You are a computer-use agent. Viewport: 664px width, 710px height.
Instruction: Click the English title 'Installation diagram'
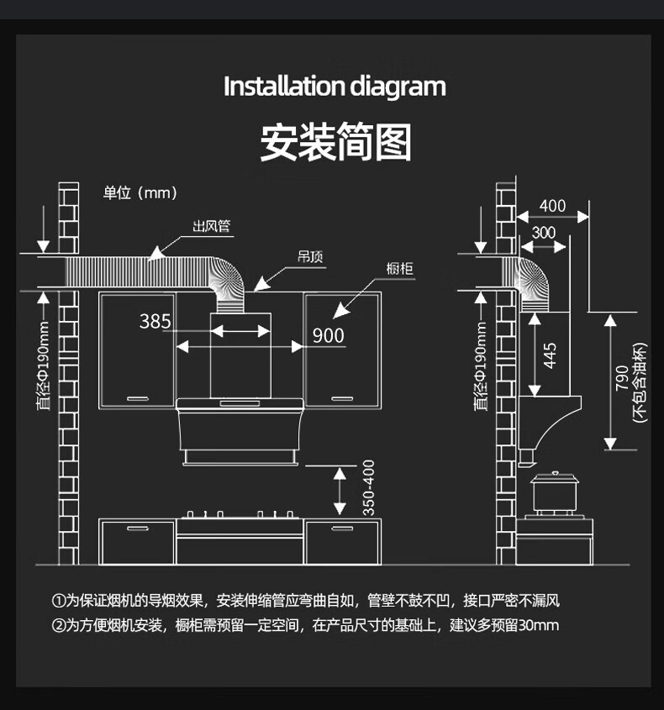click(x=334, y=87)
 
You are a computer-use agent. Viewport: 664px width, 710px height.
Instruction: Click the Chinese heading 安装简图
click(x=335, y=142)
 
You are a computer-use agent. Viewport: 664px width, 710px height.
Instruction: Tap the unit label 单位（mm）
click(x=140, y=193)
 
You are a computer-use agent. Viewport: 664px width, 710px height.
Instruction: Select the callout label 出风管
click(x=211, y=226)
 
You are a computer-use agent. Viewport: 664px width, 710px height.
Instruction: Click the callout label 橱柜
click(x=399, y=269)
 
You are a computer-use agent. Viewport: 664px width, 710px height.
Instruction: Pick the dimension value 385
click(x=155, y=321)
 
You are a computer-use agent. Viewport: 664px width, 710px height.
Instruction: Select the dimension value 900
click(x=328, y=335)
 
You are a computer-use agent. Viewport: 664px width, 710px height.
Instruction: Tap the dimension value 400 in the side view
click(x=552, y=207)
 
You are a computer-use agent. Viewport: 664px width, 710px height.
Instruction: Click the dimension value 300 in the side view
click(x=544, y=232)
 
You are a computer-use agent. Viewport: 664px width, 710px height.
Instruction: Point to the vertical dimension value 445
click(x=550, y=355)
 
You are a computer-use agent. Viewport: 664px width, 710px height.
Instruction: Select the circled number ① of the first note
click(x=58, y=601)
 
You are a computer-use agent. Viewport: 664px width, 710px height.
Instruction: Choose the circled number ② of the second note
click(x=58, y=625)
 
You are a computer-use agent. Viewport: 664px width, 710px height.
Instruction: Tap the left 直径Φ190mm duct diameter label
click(x=44, y=366)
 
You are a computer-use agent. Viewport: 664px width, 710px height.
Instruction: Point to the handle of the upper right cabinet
click(x=343, y=397)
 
